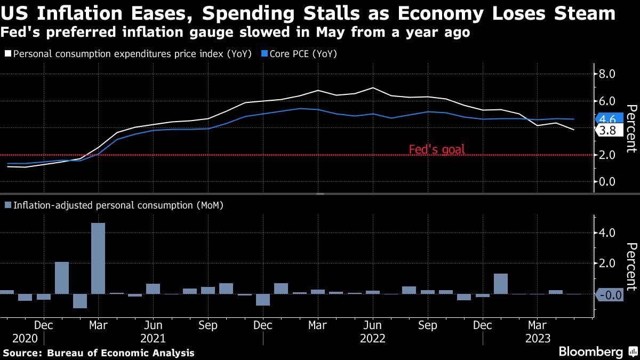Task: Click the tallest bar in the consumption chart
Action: [x=98, y=258]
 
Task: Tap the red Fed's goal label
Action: [x=436, y=150]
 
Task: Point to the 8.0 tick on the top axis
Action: [x=608, y=74]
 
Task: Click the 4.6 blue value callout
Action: [x=607, y=119]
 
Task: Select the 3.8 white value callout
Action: [x=607, y=131]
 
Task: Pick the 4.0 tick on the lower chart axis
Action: [x=608, y=233]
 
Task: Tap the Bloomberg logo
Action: [x=590, y=352]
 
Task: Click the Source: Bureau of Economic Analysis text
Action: [x=99, y=353]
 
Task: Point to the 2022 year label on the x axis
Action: [x=373, y=338]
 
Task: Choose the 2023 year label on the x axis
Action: [x=538, y=338]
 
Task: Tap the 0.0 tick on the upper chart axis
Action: [x=608, y=181]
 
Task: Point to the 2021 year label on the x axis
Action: [x=153, y=338]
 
